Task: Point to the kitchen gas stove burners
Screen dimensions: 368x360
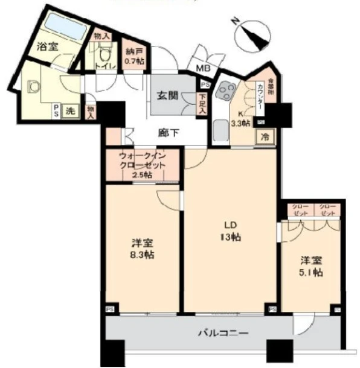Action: (x=228, y=91)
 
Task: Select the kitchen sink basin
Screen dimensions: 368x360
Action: (x=221, y=130)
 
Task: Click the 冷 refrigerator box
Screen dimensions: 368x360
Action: (x=265, y=137)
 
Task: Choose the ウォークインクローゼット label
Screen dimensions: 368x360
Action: (x=143, y=165)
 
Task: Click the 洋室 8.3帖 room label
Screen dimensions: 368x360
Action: (x=143, y=249)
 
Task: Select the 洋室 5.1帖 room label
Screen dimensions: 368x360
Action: (x=311, y=267)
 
